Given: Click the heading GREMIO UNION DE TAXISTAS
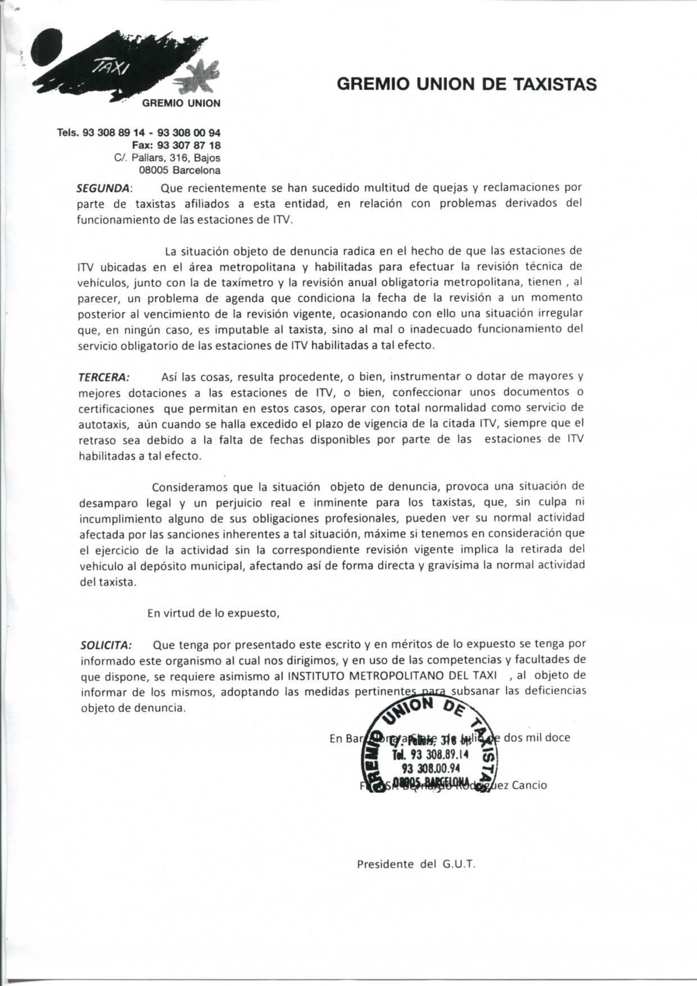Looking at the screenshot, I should pyautogui.click(x=467, y=84).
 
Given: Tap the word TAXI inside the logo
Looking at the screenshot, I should pyautogui.click(x=111, y=68).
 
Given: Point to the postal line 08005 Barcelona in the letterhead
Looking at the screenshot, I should pyautogui.click(x=179, y=170).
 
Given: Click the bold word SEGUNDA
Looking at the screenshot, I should pyautogui.click(x=103, y=187).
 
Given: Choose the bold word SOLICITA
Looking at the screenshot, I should pyautogui.click(x=106, y=644).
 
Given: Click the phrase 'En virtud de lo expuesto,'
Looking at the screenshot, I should pyautogui.click(x=213, y=613).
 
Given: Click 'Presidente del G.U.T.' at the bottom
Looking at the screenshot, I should pyautogui.click(x=417, y=864).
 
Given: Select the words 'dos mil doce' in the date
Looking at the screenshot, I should pyautogui.click(x=537, y=737).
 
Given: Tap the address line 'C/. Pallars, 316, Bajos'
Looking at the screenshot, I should pyautogui.click(x=167, y=158).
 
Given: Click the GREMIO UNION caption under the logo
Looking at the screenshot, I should pyautogui.click(x=181, y=103).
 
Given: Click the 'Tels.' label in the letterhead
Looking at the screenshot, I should pyautogui.click(x=69, y=133).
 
